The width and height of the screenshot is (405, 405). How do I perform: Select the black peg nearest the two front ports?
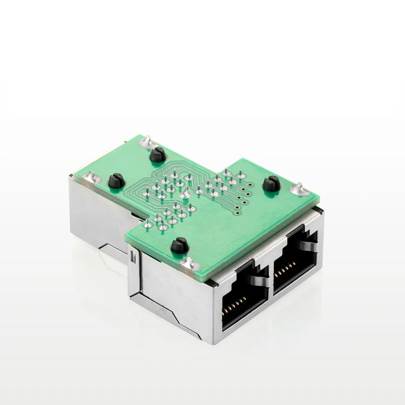178,246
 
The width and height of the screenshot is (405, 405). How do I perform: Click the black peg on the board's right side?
270,183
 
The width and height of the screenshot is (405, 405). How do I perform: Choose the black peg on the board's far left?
116,179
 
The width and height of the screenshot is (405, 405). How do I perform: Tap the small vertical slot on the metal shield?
133,257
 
